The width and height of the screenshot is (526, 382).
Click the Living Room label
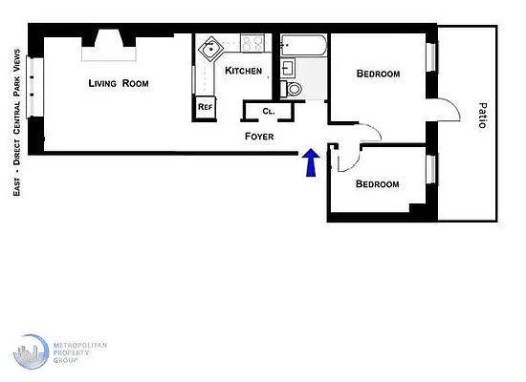tap(119, 83)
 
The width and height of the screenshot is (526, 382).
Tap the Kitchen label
tap(243, 71)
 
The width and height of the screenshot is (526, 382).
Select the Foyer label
tap(259, 137)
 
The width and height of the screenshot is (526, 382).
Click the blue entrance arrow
tap(310, 162)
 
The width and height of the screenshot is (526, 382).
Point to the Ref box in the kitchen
tap(205, 107)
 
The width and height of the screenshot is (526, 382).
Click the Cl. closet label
tap(269, 112)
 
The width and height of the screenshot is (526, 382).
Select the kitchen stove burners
tap(253, 44)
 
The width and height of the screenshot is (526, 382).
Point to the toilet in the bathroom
tap(294, 89)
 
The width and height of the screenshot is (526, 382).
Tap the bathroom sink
tap(290, 68)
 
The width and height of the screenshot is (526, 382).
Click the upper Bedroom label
tap(378, 74)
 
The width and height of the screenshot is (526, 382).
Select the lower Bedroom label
tap(377, 183)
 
